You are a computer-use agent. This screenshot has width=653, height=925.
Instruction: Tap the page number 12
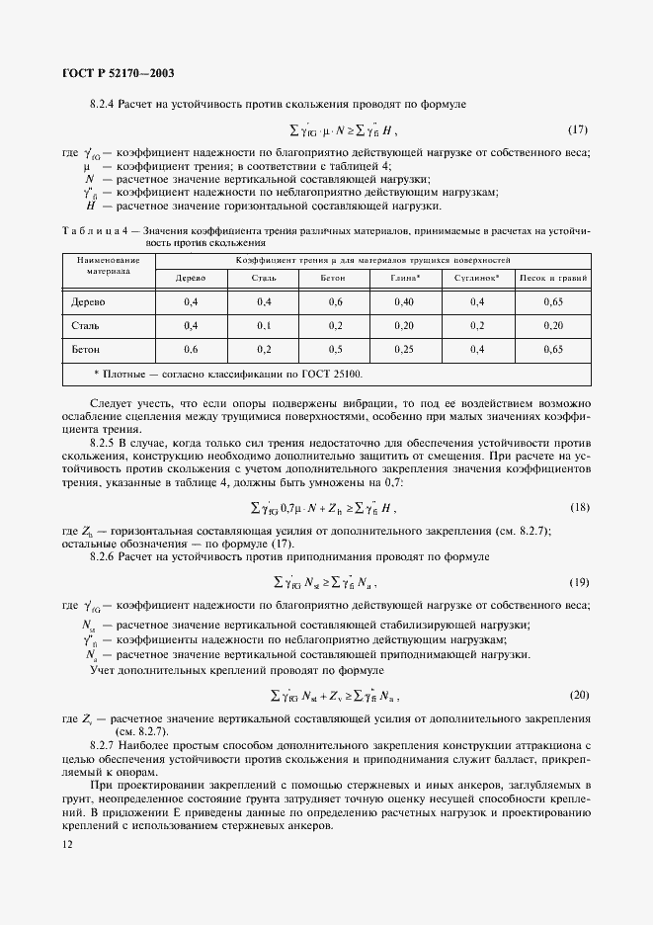pyautogui.click(x=66, y=843)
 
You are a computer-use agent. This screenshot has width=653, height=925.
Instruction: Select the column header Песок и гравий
pyautogui.click(x=553, y=278)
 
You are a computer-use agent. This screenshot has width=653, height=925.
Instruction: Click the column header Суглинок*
pyautogui.click(x=476, y=278)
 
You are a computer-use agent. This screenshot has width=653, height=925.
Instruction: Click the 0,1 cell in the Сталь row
pyautogui.click(x=264, y=325)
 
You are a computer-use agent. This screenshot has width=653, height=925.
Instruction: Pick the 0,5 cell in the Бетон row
pyautogui.click(x=335, y=349)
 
